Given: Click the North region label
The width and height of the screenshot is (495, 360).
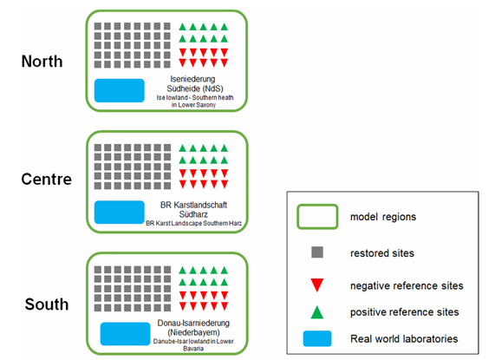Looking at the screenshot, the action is click(42, 62).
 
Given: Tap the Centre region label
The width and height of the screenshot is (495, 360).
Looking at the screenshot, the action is click(47, 179).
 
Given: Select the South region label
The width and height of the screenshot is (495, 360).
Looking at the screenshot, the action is click(47, 304).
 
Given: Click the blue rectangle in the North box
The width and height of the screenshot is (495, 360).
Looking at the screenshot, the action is click(120, 90).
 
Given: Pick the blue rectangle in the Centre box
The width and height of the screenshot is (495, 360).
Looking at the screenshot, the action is click(120, 213).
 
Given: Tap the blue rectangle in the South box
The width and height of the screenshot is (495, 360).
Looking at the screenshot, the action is click(126, 334).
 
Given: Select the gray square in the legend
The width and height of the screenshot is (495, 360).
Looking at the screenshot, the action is click(317, 252).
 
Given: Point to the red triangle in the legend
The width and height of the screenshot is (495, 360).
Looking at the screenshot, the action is click(317, 285).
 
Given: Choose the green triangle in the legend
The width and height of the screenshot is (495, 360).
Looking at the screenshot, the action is click(317, 312).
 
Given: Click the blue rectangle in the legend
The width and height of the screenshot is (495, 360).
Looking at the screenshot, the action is click(317, 338).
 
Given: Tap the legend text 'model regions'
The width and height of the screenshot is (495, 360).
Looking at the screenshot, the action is click(383, 217).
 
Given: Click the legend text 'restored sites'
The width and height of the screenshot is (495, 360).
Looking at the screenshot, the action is click(382, 253).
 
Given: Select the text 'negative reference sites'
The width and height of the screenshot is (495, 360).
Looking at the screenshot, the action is click(407, 285).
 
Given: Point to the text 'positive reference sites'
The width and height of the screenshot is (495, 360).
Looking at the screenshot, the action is click(405, 312).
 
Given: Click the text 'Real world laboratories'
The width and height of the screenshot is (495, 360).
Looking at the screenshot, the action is click(404, 339).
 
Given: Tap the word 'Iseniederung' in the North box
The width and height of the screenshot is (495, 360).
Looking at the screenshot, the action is click(193, 79).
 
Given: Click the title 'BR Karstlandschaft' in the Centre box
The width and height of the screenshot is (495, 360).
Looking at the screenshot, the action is click(193, 205).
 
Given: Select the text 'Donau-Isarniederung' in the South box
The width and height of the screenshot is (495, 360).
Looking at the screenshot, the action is click(193, 323).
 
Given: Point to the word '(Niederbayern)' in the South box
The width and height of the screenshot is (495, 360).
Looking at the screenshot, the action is click(193, 332).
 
